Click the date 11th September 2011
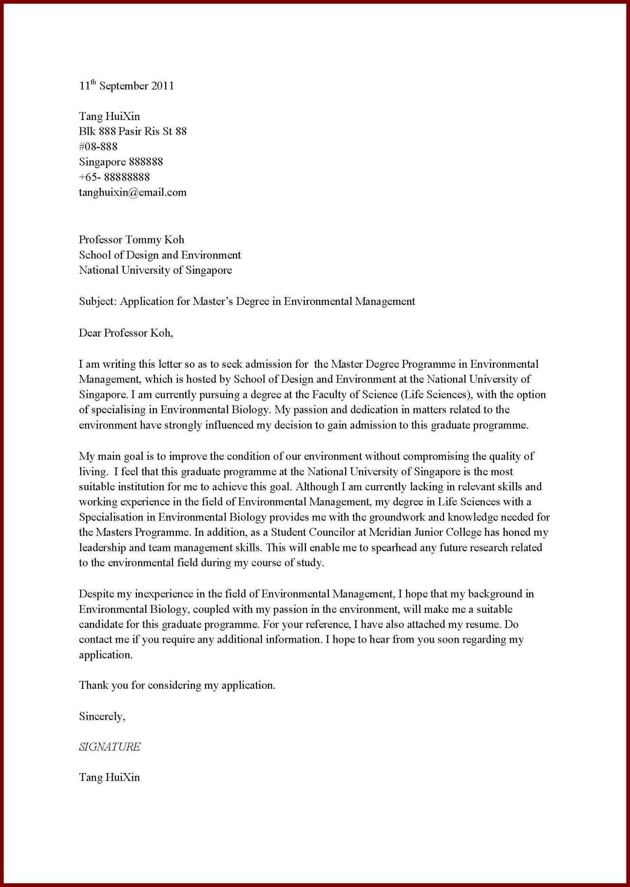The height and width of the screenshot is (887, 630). tap(126, 86)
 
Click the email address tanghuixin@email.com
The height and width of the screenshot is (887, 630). tap(133, 192)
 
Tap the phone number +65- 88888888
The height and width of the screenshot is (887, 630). tap(114, 177)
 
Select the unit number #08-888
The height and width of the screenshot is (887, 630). tap(98, 146)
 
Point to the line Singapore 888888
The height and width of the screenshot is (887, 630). tap(121, 162)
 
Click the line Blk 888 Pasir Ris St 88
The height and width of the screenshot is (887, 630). tap(133, 131)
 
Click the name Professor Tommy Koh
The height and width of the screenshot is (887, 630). tap(131, 240)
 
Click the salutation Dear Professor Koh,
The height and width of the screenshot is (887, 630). tap(126, 333)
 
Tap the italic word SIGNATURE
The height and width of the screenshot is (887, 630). tap(110, 747)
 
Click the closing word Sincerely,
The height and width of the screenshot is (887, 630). tap(102, 716)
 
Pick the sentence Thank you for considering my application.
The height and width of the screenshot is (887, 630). tap(177, 685)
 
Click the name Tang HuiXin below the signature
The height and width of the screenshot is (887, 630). tap(109, 777)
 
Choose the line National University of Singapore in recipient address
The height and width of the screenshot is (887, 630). tap(155, 270)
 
